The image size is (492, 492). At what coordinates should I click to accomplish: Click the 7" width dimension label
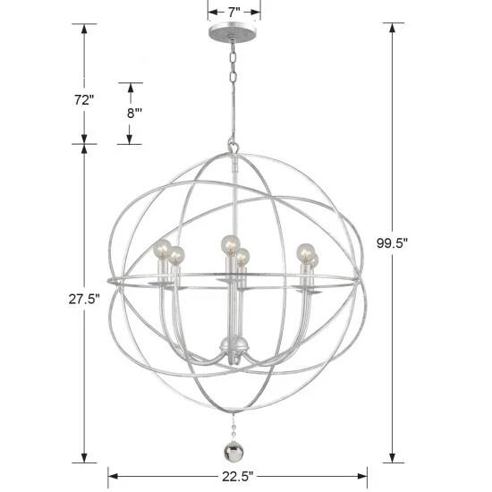(234, 12)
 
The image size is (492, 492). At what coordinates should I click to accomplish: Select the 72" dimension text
(84, 100)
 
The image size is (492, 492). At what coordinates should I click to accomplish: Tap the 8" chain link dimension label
(135, 113)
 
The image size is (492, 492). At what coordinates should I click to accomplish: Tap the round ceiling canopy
(233, 38)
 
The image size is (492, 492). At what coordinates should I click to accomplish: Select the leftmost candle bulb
(162, 249)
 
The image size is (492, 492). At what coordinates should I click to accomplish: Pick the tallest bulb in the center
(230, 243)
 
